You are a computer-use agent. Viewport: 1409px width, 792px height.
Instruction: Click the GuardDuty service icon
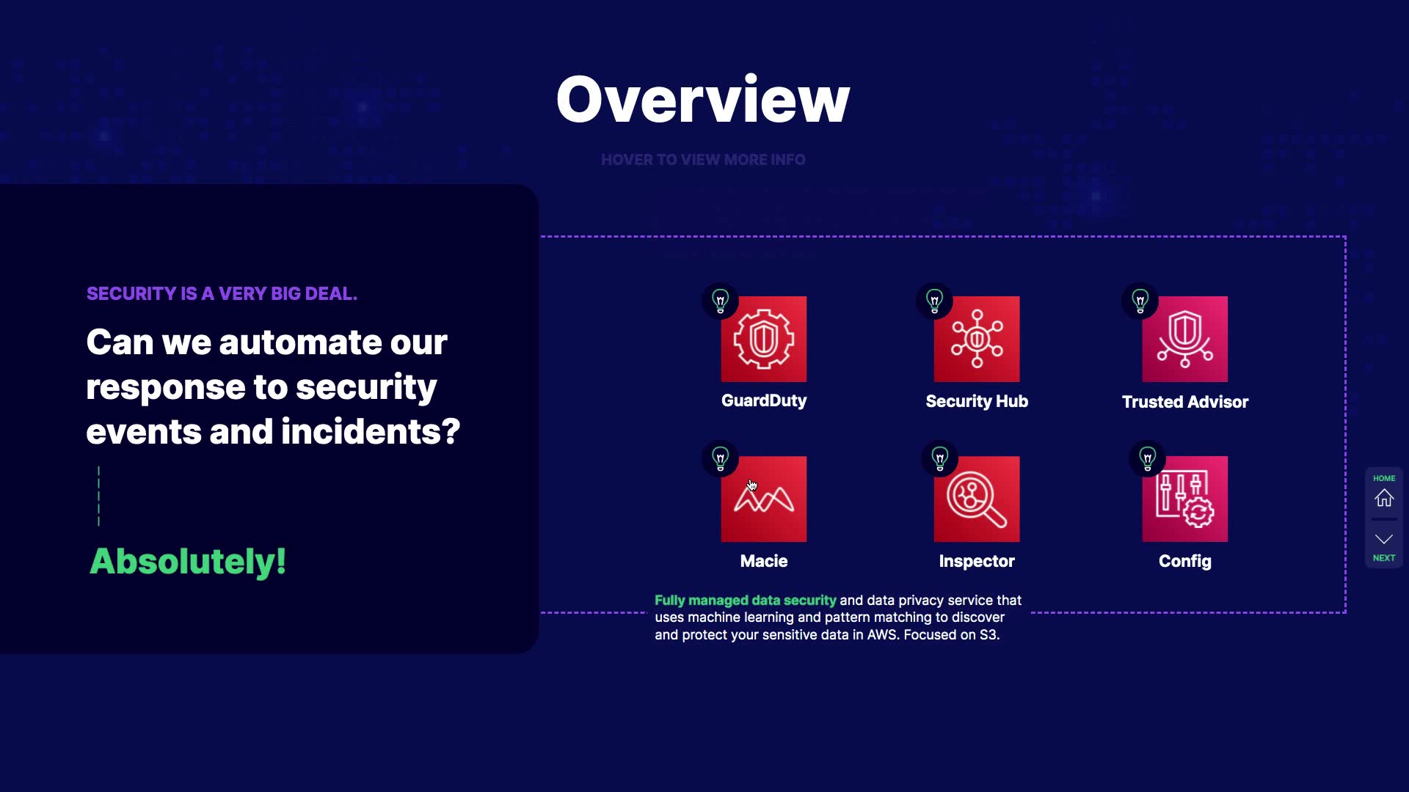point(763,339)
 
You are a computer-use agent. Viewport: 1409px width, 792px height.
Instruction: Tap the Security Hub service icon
point(977,339)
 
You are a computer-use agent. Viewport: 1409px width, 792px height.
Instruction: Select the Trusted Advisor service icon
point(1184,339)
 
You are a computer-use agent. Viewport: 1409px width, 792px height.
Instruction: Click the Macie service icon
point(763,499)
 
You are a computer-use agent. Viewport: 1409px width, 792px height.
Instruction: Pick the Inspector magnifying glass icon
point(977,499)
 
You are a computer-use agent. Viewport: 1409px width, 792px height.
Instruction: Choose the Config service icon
point(1184,499)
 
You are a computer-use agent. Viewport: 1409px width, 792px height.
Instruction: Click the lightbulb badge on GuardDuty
point(721,301)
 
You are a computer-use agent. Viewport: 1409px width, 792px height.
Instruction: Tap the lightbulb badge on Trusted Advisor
point(1140,301)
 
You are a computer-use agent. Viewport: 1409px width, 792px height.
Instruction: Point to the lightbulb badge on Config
point(1148,458)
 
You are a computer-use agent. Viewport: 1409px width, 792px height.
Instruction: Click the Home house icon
point(1384,498)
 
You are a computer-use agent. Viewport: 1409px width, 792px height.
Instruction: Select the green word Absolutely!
point(188,562)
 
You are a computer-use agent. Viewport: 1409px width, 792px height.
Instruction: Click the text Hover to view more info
point(703,160)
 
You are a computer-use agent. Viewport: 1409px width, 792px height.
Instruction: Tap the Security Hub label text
point(977,401)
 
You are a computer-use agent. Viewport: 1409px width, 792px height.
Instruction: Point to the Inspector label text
point(977,562)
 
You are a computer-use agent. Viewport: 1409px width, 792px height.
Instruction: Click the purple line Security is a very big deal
point(222,293)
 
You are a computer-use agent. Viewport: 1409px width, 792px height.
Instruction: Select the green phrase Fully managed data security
point(746,601)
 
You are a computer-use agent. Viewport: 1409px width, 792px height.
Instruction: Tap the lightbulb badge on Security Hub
point(934,301)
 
